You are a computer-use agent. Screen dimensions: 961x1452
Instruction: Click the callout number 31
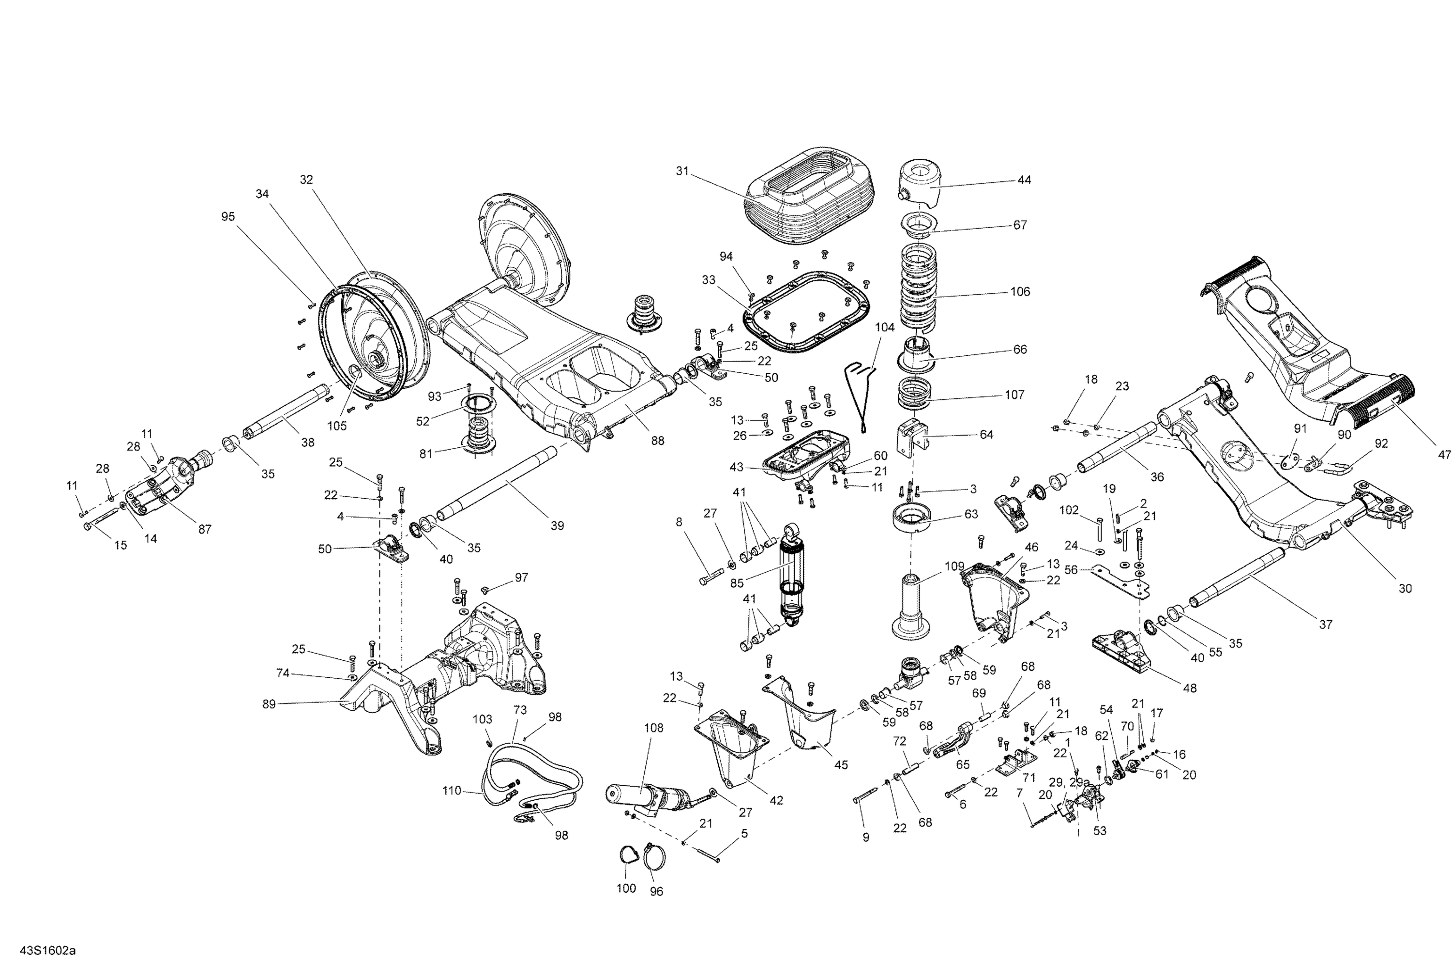[682, 171]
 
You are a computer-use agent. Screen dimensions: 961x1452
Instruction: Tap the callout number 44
[1024, 180]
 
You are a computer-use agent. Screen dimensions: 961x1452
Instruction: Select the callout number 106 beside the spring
[1020, 292]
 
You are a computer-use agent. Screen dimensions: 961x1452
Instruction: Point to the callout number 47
[1445, 455]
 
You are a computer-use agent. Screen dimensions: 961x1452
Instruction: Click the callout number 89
[269, 704]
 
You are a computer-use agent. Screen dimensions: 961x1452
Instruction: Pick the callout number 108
[654, 728]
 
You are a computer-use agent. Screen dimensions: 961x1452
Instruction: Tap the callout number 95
[228, 216]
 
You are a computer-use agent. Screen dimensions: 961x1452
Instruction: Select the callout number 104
[884, 327]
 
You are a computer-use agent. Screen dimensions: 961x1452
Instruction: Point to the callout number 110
[452, 791]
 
